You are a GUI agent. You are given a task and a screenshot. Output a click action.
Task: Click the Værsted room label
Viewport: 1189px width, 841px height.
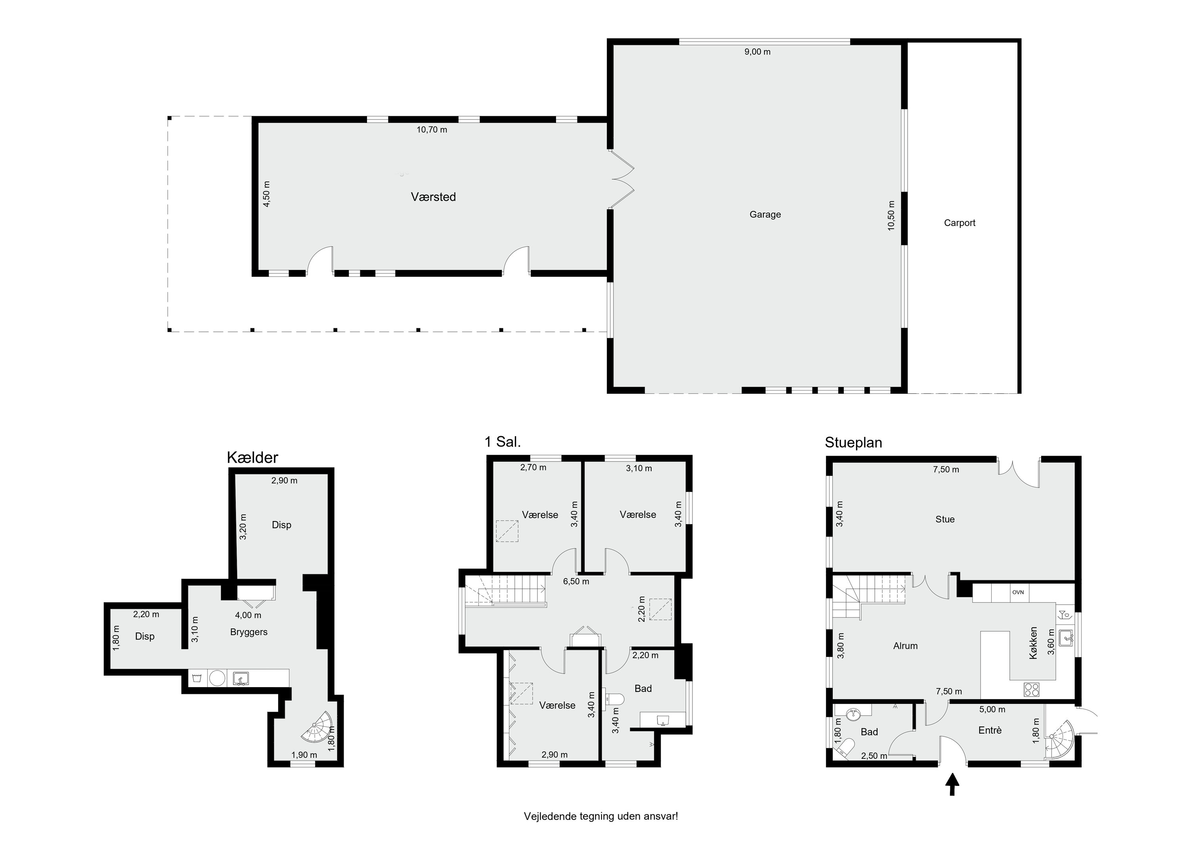click(x=434, y=197)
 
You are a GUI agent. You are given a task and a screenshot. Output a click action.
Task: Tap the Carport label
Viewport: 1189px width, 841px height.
click(x=960, y=223)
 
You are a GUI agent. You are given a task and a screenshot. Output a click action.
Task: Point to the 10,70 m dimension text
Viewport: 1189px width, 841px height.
click(x=432, y=130)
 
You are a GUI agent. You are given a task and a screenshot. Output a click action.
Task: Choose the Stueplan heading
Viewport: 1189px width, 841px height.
click(x=853, y=443)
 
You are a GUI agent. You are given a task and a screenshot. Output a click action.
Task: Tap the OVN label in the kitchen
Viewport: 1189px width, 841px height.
click(x=1018, y=592)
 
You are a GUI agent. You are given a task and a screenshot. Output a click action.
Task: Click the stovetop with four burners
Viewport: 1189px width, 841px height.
click(x=1031, y=690)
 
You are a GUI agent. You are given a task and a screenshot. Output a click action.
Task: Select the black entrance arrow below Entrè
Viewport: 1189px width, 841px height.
click(x=952, y=784)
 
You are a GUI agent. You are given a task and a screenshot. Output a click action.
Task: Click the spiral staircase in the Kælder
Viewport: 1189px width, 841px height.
click(x=317, y=726)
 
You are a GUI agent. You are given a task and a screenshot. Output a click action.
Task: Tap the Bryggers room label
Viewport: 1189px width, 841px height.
click(x=249, y=632)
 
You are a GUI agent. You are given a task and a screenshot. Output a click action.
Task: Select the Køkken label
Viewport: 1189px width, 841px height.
click(x=1034, y=643)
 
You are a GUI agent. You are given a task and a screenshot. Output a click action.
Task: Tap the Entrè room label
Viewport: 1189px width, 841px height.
click(x=990, y=730)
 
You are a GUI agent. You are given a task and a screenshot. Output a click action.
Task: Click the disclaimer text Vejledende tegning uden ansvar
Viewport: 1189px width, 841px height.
click(x=601, y=816)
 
